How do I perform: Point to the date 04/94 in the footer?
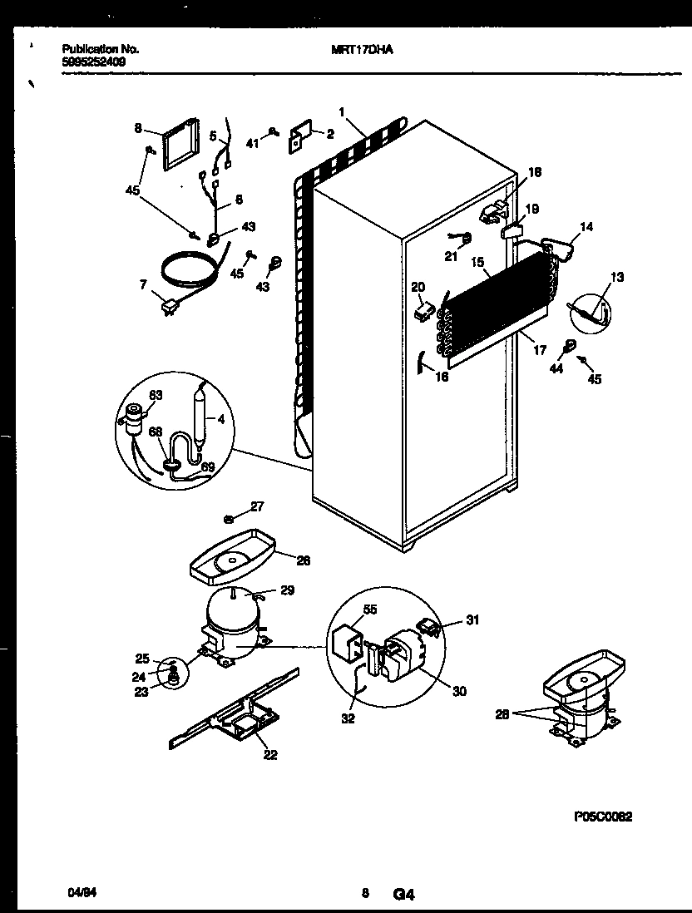pyautogui.click(x=77, y=894)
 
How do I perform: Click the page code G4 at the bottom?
pyautogui.click(x=403, y=895)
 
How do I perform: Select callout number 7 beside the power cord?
pyautogui.click(x=143, y=285)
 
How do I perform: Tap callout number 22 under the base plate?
pyautogui.click(x=270, y=755)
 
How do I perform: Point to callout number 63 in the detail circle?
pyautogui.click(x=156, y=395)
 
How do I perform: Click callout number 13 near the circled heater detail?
pyautogui.click(x=616, y=277)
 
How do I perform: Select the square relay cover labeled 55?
pyautogui.click(x=348, y=642)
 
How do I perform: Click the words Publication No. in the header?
pyautogui.click(x=101, y=50)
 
